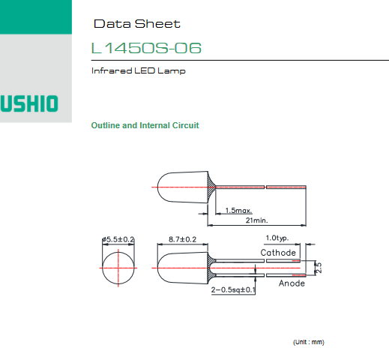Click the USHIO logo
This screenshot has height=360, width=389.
29,103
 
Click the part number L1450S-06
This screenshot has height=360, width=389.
146,48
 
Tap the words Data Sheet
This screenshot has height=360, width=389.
137,24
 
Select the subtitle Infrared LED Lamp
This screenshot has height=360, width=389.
139,70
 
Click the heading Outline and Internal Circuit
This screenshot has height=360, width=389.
145,125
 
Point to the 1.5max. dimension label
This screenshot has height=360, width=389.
238,211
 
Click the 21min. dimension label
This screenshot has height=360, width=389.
256,220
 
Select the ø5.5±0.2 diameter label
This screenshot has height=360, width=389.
118,239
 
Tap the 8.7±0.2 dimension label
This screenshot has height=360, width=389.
182,239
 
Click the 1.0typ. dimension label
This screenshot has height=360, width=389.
277,238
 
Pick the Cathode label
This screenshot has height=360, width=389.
278,253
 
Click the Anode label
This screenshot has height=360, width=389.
292,283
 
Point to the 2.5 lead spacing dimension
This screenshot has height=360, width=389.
319,268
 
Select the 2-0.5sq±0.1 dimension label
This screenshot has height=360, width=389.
233,289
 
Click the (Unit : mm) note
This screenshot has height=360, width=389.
309,342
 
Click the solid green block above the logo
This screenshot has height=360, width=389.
36,17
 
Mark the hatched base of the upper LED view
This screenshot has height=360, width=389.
211,187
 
